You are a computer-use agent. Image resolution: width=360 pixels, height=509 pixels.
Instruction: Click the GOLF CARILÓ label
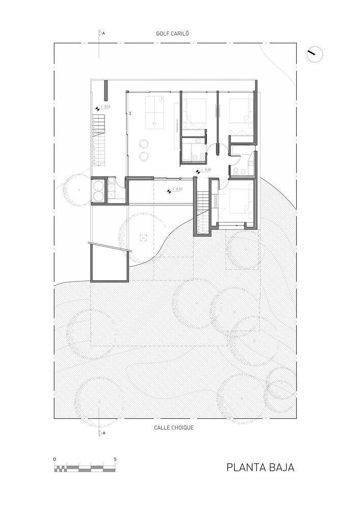click(x=173, y=34)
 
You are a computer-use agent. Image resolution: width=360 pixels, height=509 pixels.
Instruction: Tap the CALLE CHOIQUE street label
click(x=174, y=428)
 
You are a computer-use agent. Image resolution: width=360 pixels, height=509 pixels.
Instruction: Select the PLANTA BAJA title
click(x=260, y=467)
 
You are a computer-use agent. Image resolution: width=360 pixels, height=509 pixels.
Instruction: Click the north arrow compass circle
click(x=315, y=54)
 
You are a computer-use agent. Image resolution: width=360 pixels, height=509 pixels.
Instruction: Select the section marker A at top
click(x=101, y=33)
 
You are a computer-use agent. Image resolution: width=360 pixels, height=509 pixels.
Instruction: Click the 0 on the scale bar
click(x=54, y=459)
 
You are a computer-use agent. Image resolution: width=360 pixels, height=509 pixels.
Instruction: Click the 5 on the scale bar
click(x=115, y=459)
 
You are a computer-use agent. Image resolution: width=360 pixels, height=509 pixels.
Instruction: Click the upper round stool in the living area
click(x=144, y=144)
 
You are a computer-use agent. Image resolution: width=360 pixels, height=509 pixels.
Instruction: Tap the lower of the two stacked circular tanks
click(x=98, y=195)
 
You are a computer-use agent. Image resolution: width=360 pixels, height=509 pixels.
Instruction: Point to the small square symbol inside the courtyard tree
click(x=143, y=238)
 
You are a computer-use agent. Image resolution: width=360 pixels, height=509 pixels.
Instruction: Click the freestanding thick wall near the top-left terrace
click(x=105, y=91)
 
